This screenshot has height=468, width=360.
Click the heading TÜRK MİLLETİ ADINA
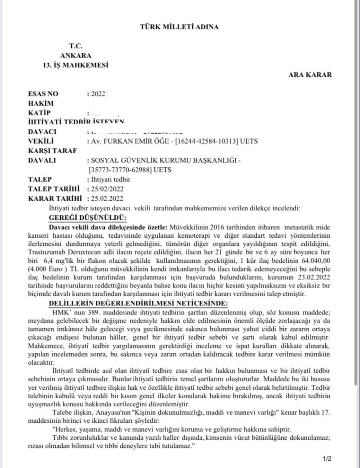pos(179,27)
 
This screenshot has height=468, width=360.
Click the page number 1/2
pos(328,457)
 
